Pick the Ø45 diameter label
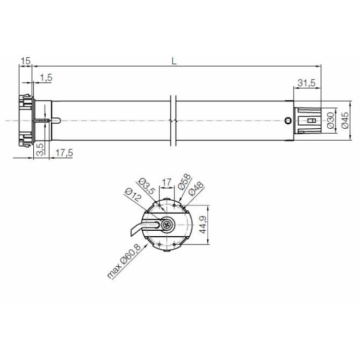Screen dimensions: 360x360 click(x=344, y=121)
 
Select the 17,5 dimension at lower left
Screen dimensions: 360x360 click(x=64, y=153)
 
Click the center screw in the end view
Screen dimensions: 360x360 click(x=167, y=223)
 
